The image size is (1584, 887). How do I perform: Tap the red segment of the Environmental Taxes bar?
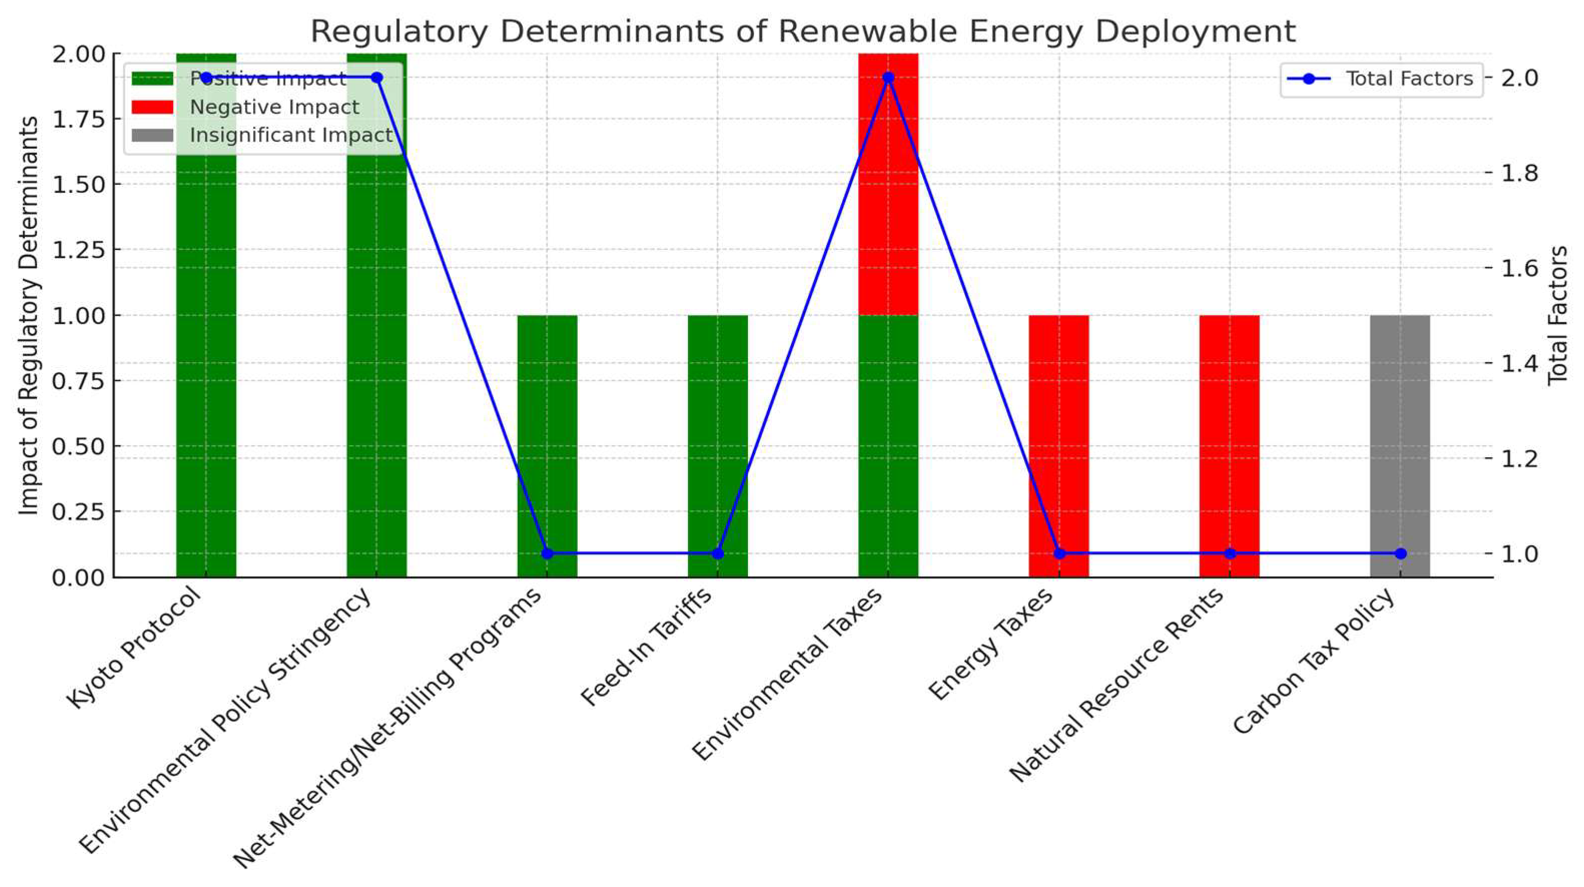coord(888,184)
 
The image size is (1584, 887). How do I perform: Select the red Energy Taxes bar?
coord(1058,431)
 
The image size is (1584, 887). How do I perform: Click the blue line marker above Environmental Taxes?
coord(888,78)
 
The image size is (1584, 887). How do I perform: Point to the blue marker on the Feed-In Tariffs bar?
coord(717,553)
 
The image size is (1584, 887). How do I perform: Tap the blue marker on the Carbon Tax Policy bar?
coord(1401,553)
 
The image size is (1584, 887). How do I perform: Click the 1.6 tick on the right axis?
coord(1519,267)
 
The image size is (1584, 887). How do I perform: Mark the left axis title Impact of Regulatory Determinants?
coord(28,316)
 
